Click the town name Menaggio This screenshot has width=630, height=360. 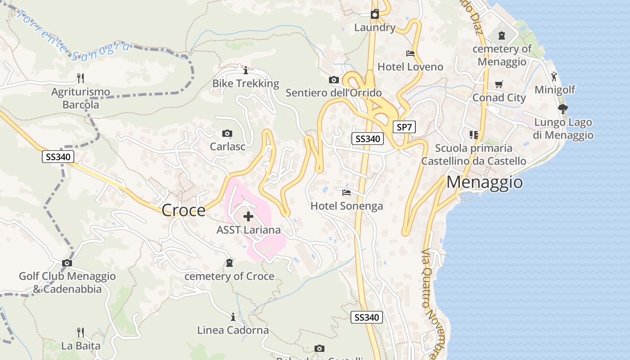(x=485, y=182)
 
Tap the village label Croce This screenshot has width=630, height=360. (x=183, y=210)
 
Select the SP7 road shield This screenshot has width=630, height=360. (x=404, y=127)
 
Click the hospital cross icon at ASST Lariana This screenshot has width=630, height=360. (x=248, y=217)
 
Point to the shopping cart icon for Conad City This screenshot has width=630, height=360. (x=499, y=85)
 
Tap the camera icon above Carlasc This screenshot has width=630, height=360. (x=227, y=133)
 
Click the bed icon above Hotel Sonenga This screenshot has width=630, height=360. (x=346, y=193)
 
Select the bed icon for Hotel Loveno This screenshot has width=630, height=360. (x=410, y=54)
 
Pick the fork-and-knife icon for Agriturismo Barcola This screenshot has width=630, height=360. (x=81, y=78)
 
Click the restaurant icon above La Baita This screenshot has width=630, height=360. (x=81, y=333)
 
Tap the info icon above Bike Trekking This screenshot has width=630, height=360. (x=246, y=71)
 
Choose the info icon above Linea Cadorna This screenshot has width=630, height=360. (x=233, y=317)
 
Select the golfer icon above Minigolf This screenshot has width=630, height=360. (x=554, y=76)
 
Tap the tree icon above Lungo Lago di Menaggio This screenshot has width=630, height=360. (x=562, y=108)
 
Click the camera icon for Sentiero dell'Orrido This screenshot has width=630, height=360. (x=333, y=80)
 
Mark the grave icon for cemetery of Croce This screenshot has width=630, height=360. (x=229, y=263)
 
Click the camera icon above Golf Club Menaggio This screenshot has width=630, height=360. (x=67, y=263)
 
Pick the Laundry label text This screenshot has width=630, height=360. (x=374, y=27)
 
